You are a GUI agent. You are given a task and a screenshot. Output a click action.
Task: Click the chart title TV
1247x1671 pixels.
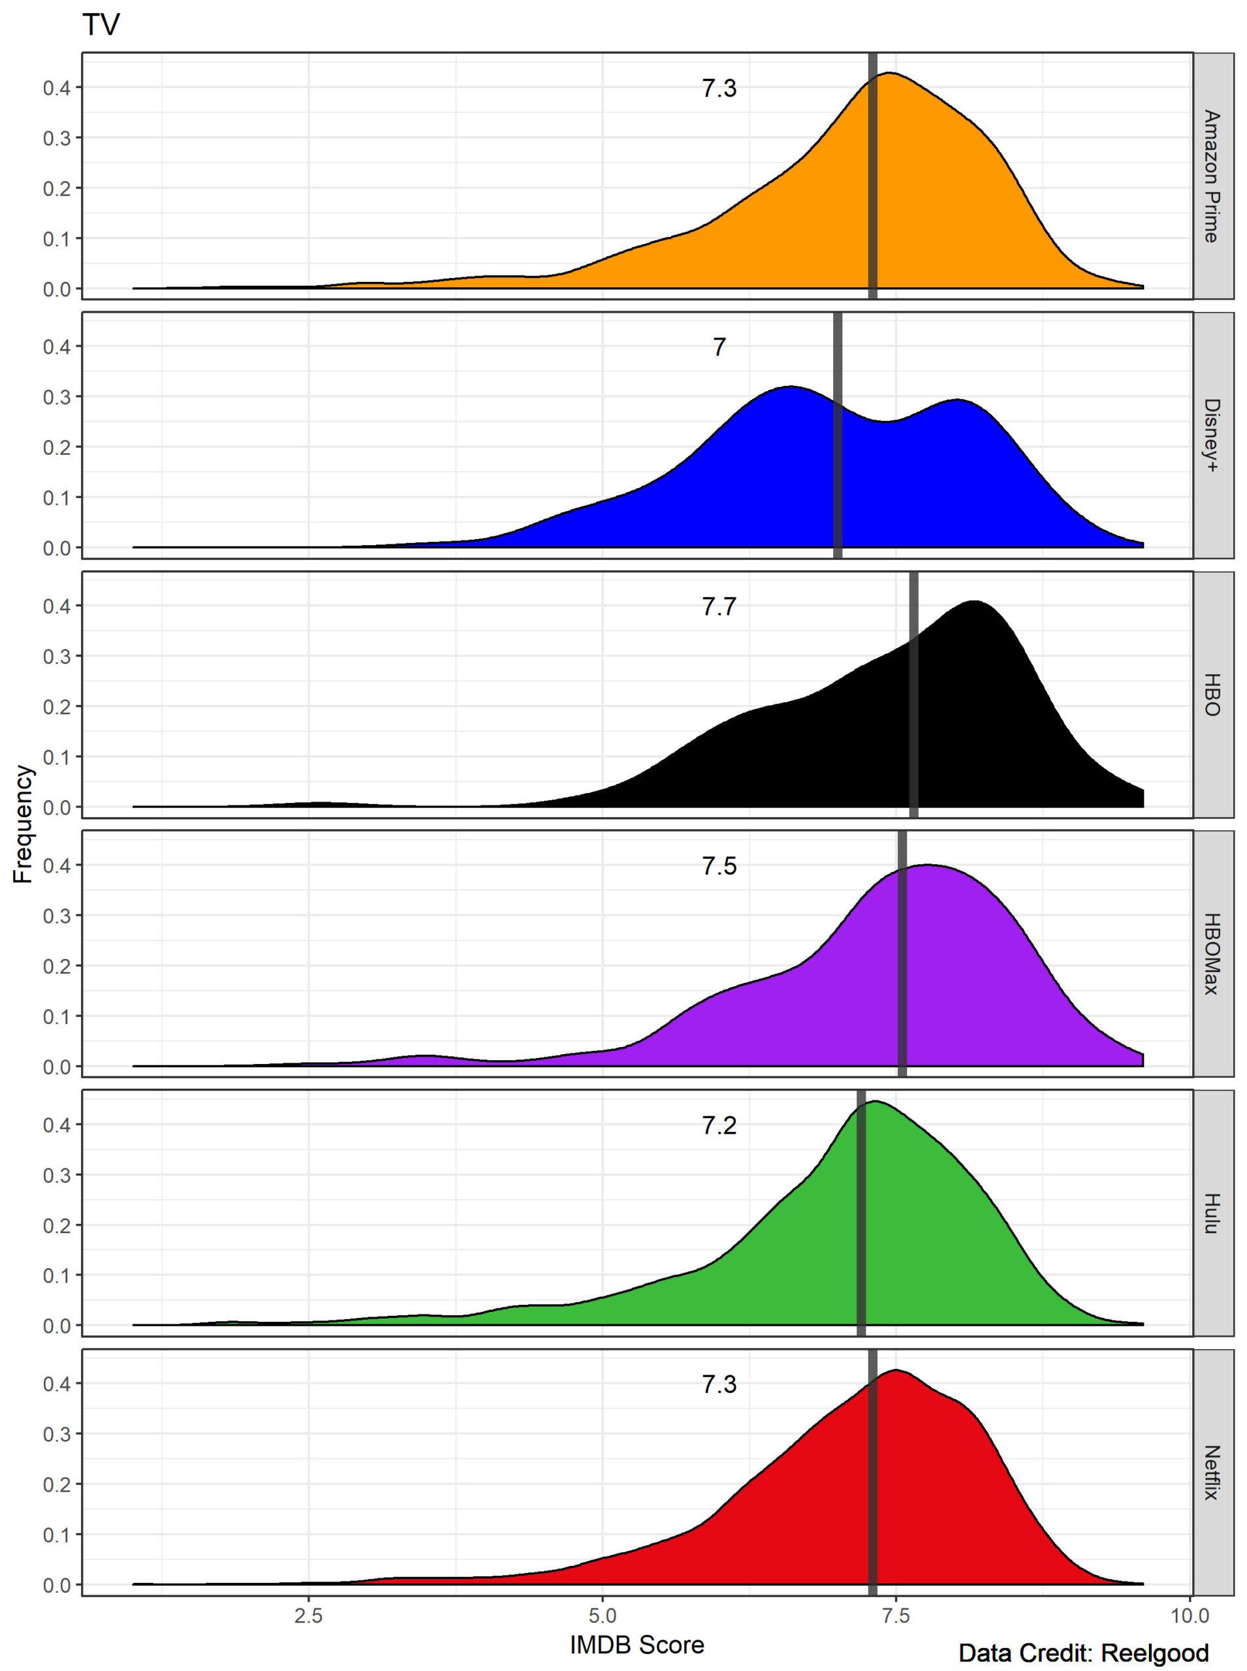pos(101,26)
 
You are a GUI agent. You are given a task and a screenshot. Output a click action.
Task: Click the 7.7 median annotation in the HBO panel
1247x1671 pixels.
pos(719,607)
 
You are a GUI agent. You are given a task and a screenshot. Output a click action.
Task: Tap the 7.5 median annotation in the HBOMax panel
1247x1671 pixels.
pos(719,866)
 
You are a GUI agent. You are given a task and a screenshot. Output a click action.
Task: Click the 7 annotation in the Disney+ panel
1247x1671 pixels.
pos(719,348)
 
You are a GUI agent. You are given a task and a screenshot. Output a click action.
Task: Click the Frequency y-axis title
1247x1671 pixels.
pos(24,824)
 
